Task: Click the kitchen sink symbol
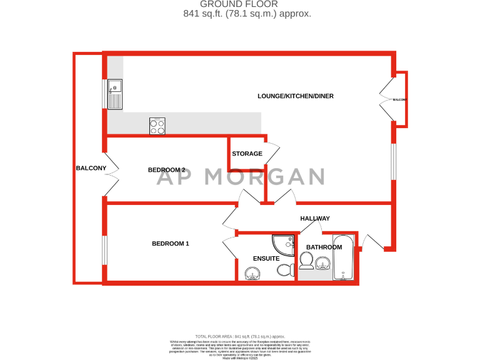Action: click(114, 94)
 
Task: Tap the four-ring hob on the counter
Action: click(157, 126)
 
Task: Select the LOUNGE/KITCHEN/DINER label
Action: click(296, 96)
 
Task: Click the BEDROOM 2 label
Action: click(166, 170)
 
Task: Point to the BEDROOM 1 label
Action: click(171, 244)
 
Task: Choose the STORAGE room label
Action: click(247, 154)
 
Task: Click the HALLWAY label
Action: click(314, 218)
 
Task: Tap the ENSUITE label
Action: click(266, 258)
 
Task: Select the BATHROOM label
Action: click(324, 247)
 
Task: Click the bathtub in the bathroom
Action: click(343, 257)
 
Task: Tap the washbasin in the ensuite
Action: click(253, 272)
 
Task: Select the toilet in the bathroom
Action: click(306, 259)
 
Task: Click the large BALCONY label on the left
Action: click(91, 168)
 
